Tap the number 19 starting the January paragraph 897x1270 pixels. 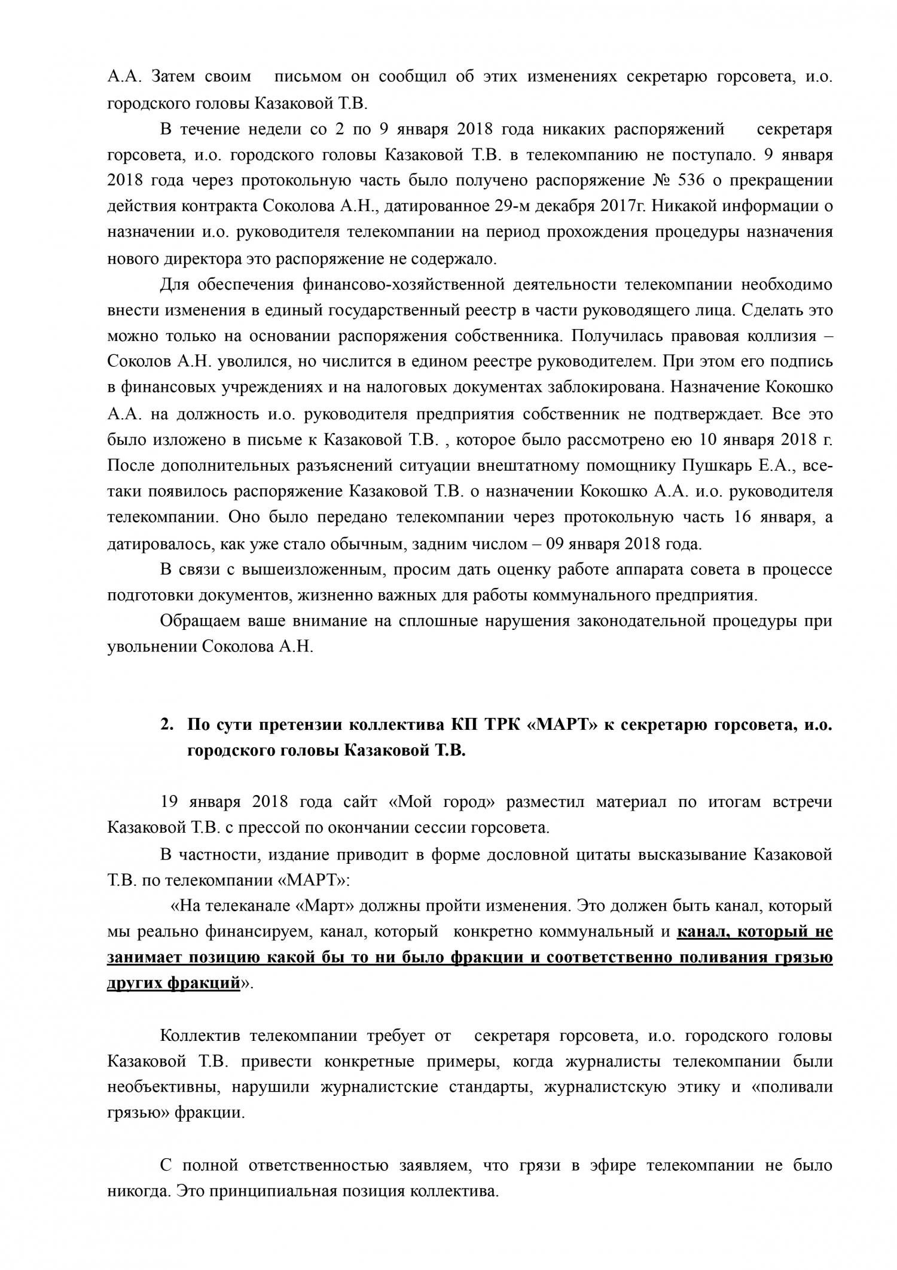click(169, 802)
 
